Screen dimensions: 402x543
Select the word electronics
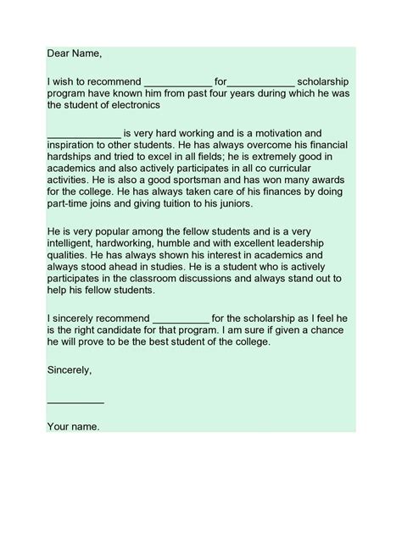(x=131, y=107)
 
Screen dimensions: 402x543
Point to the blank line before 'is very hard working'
(x=84, y=134)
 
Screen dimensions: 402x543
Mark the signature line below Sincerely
(x=75, y=401)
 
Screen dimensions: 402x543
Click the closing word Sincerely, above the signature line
(x=70, y=370)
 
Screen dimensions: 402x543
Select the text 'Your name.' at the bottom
(x=73, y=426)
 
